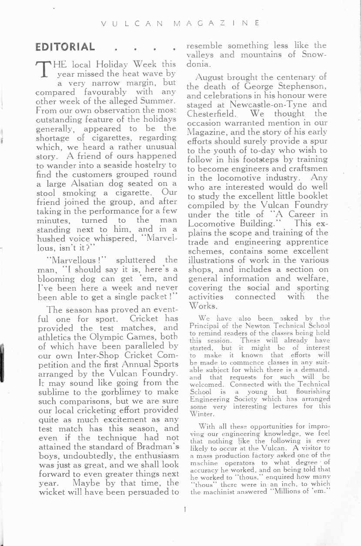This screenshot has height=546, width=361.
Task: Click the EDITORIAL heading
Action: [65, 47]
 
